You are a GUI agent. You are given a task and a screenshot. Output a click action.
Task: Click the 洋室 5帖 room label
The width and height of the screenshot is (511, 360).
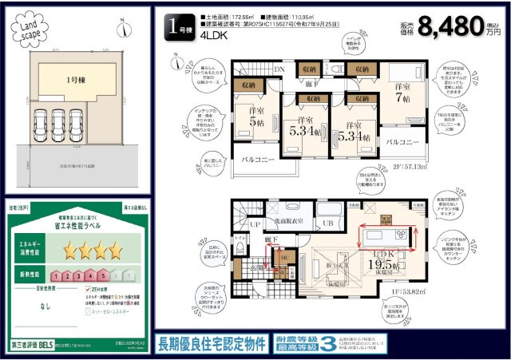coord(256,117)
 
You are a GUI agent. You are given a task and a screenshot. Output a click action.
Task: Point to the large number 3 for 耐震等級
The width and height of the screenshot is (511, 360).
coord(327,343)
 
